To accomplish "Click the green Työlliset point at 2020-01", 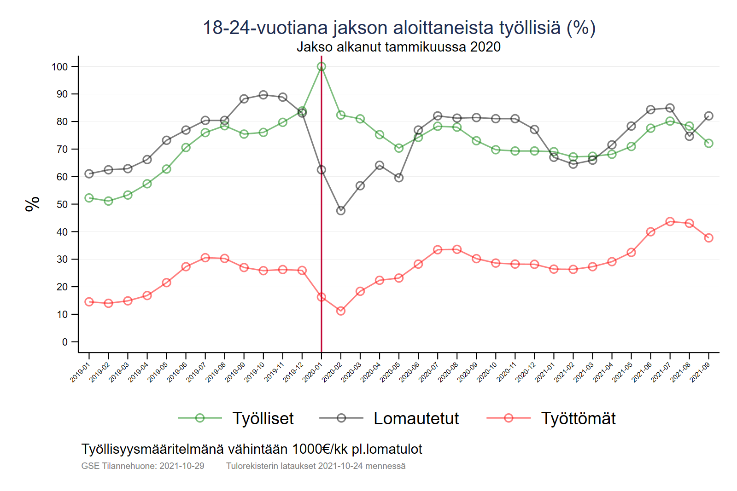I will point(322,67).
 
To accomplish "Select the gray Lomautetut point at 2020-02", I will point(341,210).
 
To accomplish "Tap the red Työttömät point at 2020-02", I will point(341,311).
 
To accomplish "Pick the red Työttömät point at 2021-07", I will point(670,222).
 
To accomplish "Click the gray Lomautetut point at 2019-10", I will point(263,95).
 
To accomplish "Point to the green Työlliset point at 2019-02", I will point(109,201).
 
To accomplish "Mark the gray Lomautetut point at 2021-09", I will point(709,116).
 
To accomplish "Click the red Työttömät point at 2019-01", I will point(89,302).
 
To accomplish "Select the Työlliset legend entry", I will point(263,418).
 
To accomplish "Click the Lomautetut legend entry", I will point(415,418).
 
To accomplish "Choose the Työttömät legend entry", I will point(578,418).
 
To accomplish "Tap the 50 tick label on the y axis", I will point(62,204).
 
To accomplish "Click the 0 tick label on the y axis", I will point(65,342).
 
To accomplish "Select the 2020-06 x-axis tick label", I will point(409,372).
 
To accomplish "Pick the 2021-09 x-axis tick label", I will point(700,372).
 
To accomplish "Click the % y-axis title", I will point(32,204).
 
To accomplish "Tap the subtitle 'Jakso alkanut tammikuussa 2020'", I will point(398,47).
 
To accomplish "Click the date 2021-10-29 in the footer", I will point(182,466).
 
